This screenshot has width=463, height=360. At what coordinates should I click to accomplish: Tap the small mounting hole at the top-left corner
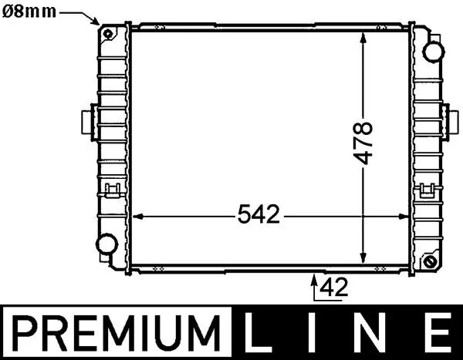tap(107, 33)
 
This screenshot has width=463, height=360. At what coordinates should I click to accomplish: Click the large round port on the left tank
tap(104, 247)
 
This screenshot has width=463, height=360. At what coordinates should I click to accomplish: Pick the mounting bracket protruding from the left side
tap(86, 121)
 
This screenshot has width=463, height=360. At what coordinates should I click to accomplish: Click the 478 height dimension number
tap(363, 143)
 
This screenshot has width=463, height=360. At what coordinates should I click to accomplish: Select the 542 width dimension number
tap(257, 215)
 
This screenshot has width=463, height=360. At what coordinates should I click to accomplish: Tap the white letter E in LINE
tap(434, 334)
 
